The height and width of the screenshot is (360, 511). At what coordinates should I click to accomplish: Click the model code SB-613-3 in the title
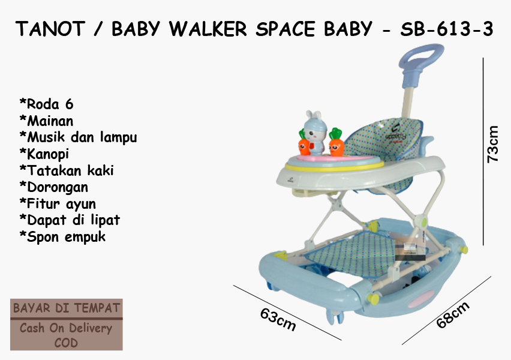(x=446, y=29)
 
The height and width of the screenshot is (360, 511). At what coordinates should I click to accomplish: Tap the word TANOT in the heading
(x=50, y=29)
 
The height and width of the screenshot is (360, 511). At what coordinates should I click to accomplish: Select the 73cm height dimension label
(x=492, y=144)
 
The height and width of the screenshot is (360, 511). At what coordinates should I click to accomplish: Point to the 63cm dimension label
(x=278, y=320)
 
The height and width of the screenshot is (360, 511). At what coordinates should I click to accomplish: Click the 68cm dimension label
(x=453, y=314)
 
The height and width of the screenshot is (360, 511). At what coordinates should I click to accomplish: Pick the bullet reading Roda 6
(x=47, y=104)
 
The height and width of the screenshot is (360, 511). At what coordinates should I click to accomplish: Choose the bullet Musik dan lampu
(x=78, y=137)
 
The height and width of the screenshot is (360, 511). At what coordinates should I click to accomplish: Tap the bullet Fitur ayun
(x=58, y=204)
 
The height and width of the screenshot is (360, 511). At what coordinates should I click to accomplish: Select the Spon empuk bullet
(x=62, y=237)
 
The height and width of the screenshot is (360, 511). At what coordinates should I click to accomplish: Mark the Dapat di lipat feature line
(x=70, y=220)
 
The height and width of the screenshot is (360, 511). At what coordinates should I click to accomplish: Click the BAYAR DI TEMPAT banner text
(x=67, y=308)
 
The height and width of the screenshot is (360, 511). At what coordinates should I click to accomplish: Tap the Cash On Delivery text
(x=66, y=328)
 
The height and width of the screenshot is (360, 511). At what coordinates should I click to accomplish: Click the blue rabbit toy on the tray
(x=314, y=133)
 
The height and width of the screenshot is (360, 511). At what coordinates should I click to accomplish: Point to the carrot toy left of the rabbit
(x=304, y=143)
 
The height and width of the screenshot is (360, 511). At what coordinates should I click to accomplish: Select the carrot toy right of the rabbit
(x=336, y=143)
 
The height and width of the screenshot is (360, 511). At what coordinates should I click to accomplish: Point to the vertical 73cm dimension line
(x=483, y=151)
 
